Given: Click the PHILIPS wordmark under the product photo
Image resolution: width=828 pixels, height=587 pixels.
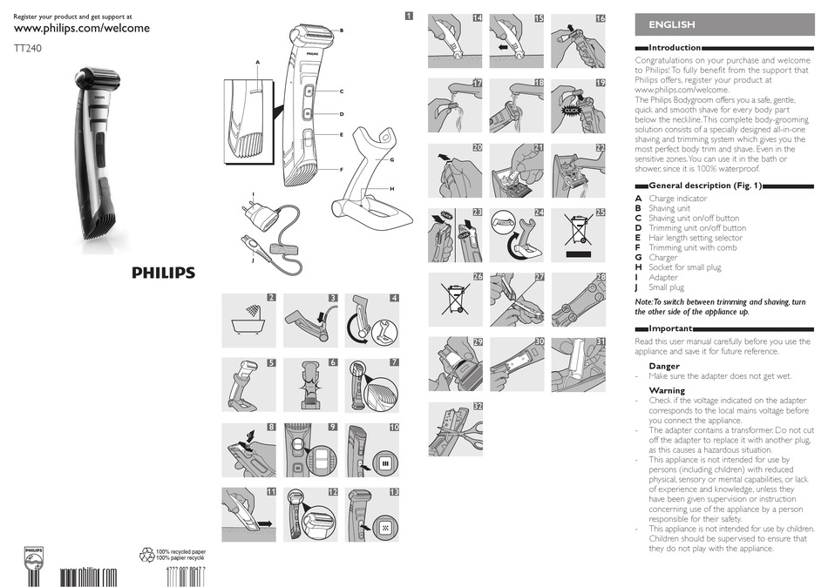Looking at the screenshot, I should coord(163,273).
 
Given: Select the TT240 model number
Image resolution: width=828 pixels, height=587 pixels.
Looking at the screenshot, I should coord(28,50).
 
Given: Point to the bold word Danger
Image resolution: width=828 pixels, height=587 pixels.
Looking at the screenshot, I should coord(664,366).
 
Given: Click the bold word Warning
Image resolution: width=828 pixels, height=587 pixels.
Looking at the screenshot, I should coord(667,390).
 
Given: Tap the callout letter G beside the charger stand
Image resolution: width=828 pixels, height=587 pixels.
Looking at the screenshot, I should coord(393,160).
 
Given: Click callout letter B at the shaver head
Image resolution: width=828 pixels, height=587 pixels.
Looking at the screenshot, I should coord(341,31).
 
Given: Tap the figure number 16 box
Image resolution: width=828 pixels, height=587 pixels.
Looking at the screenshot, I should coord(601,18).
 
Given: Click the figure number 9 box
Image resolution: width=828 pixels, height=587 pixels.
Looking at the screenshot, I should coord(333,427).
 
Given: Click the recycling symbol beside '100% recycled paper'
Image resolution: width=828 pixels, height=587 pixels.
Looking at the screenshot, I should coord(147,554).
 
